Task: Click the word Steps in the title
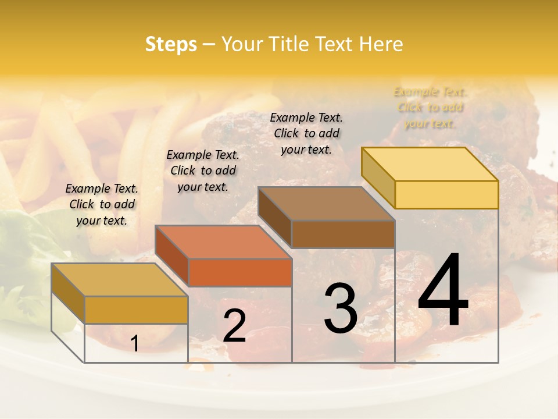171,44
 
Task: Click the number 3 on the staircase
340,308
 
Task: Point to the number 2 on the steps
234,326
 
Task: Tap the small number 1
135,343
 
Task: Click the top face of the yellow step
430,164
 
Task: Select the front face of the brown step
343,235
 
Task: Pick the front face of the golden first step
136,310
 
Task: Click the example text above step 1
102,204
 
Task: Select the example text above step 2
203,171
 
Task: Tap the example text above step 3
306,133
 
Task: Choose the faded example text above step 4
430,107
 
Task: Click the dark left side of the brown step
274,216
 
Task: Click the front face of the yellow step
446,194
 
